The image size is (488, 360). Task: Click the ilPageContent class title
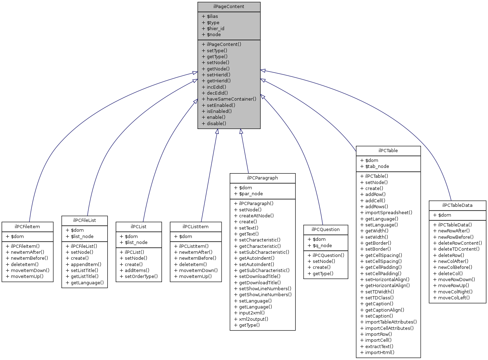229,7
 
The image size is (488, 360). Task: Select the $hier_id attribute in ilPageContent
215,28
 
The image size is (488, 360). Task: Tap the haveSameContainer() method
231,99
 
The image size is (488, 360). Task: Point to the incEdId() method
216,87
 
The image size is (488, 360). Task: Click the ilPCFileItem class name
27,226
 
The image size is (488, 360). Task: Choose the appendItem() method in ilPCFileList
86,264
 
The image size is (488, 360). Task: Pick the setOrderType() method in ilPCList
141,276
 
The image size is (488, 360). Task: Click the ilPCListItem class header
195,226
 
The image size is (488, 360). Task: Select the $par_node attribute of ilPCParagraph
251,193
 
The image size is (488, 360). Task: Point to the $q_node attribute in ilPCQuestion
322,245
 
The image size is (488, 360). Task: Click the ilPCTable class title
388,150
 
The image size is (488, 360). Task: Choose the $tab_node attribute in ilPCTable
377,166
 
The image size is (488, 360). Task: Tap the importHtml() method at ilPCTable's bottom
380,352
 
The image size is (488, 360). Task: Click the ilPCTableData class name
457,205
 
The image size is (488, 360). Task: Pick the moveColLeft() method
454,298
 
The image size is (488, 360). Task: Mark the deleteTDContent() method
459,249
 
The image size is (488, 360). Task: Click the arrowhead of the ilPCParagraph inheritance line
241,131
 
